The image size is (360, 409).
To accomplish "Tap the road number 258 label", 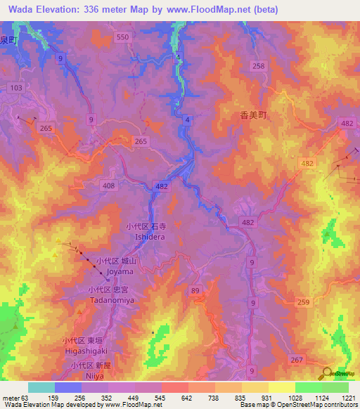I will tap(259, 65).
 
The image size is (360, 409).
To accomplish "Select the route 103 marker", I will tap(15, 87).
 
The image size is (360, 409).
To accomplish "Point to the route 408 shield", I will tap(109, 186).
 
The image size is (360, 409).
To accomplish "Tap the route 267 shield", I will tap(298, 360).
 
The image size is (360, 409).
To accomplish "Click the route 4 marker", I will tap(188, 121).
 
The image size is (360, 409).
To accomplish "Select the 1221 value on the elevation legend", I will tap(349, 397).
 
